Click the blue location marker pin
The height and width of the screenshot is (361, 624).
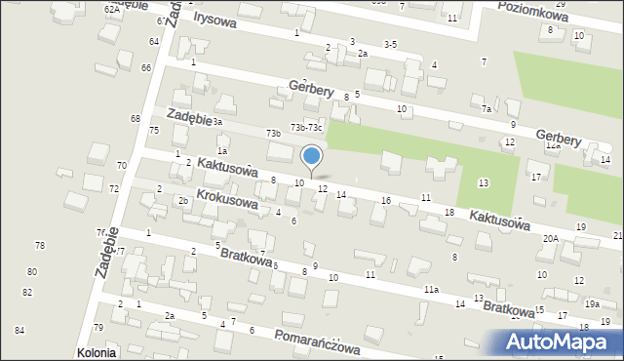[x=312, y=156]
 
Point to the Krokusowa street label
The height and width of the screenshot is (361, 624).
[x=226, y=199]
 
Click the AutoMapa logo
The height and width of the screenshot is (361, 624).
[x=564, y=341]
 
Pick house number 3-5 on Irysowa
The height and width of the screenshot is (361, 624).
[x=390, y=44]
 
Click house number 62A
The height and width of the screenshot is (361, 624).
[x=113, y=8]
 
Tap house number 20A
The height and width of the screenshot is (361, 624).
[x=551, y=238]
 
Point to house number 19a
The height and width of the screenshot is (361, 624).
[x=592, y=304]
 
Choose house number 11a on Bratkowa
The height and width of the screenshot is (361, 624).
[x=430, y=290]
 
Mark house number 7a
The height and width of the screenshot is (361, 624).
[x=486, y=109]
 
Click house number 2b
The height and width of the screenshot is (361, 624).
[x=182, y=201]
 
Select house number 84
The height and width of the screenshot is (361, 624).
[x=19, y=331]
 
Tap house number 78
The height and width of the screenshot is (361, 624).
[x=40, y=245]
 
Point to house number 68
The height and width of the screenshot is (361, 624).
[x=136, y=118]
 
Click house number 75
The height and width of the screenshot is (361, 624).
[x=153, y=131]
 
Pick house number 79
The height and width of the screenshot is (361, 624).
[x=98, y=327]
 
